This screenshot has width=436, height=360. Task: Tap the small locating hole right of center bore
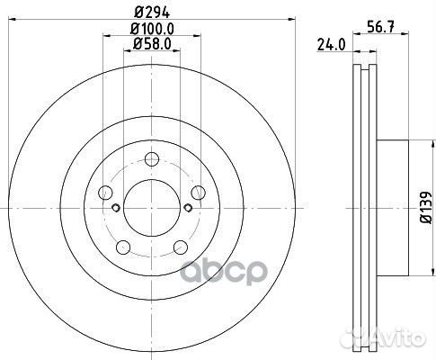coord(187,208)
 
